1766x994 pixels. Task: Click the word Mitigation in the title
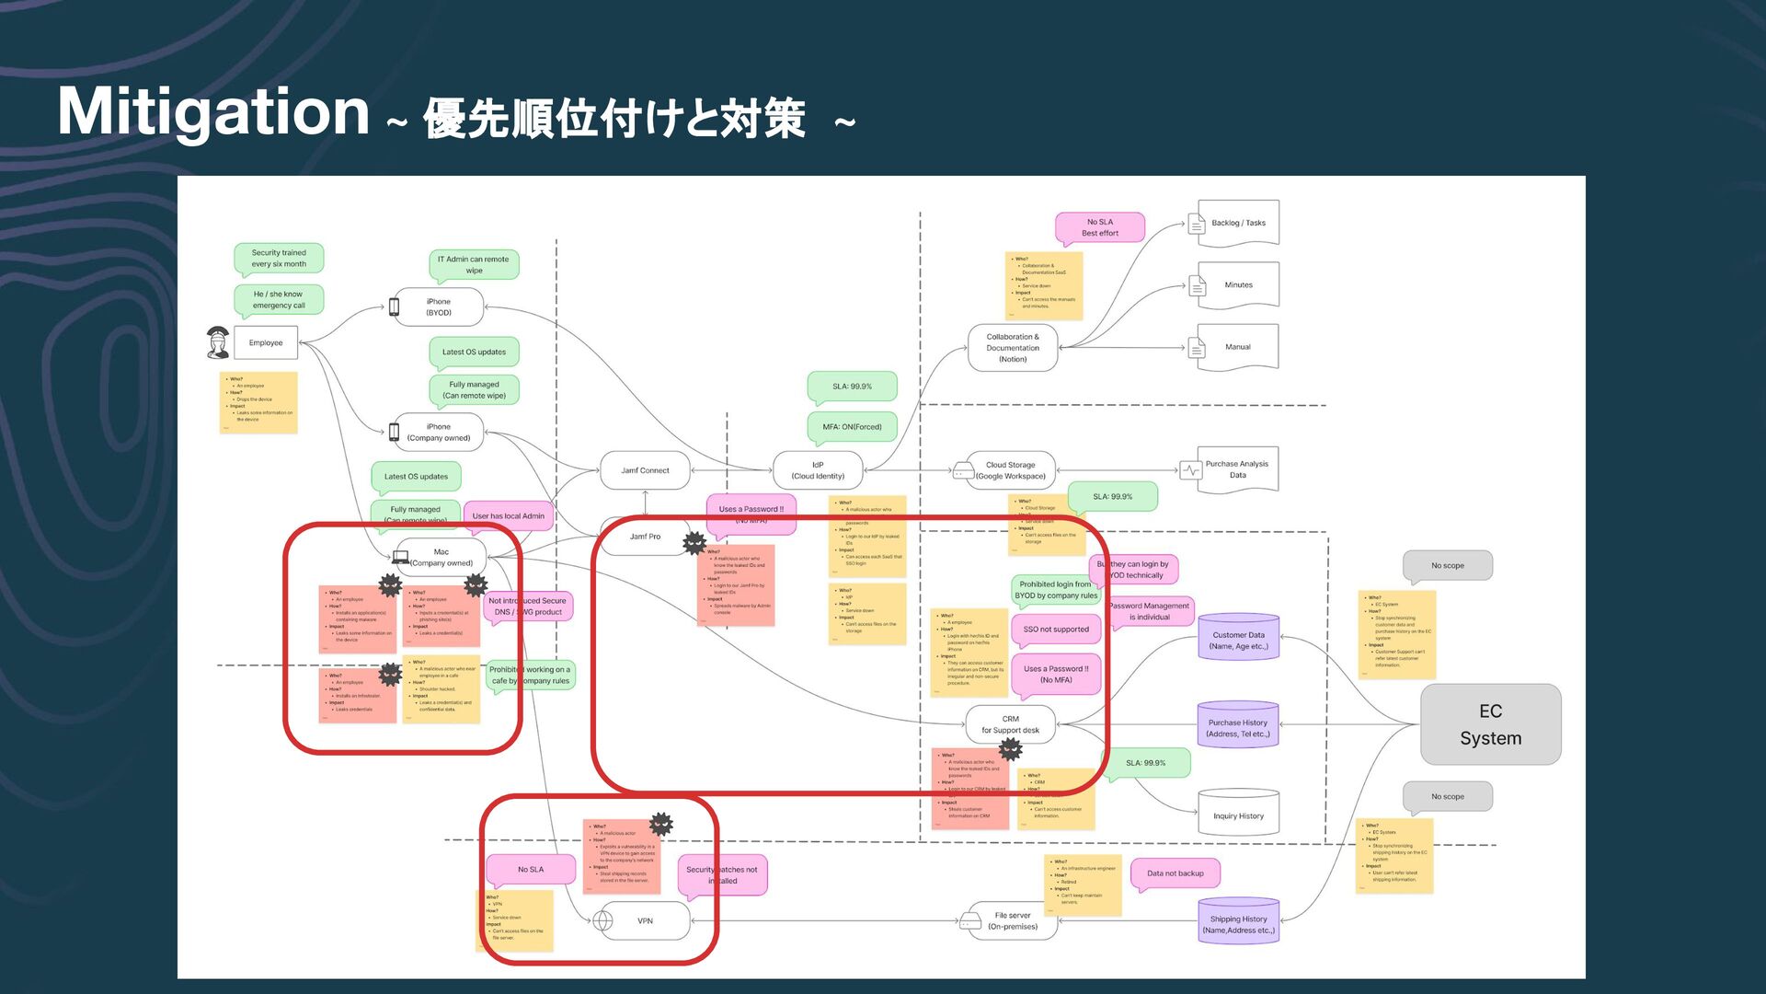pyautogui.click(x=213, y=112)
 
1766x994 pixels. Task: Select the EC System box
pyautogui.click(x=1490, y=724)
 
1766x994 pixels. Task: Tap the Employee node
pyautogui.click(x=266, y=342)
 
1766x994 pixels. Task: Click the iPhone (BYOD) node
pyautogui.click(x=439, y=307)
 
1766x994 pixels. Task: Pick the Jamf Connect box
pyautogui.click(x=645, y=470)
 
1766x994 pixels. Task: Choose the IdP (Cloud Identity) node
pyautogui.click(x=818, y=470)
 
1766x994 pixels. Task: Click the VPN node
pyautogui.click(x=645, y=920)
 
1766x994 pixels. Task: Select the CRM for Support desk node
pyautogui.click(x=1010, y=724)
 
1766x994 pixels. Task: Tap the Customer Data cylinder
pyautogui.click(x=1238, y=640)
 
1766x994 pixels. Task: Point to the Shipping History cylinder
pyautogui.click(x=1238, y=923)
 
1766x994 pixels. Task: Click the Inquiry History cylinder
pyautogui.click(x=1238, y=815)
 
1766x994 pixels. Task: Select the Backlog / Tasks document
pyautogui.click(x=1238, y=223)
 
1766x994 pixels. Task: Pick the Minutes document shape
pyautogui.click(x=1238, y=285)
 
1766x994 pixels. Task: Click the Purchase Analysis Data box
pyautogui.click(x=1236, y=469)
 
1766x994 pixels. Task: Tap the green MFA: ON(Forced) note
pyautogui.click(x=852, y=427)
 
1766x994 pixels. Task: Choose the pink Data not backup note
pyautogui.click(x=1175, y=873)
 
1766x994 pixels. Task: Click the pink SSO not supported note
pyautogui.click(x=1056, y=630)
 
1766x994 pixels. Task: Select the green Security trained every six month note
pyautogui.click(x=279, y=259)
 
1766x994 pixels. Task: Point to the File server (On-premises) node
pyautogui.click(x=1012, y=920)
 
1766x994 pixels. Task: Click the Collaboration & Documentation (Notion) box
pyautogui.click(x=1013, y=348)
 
